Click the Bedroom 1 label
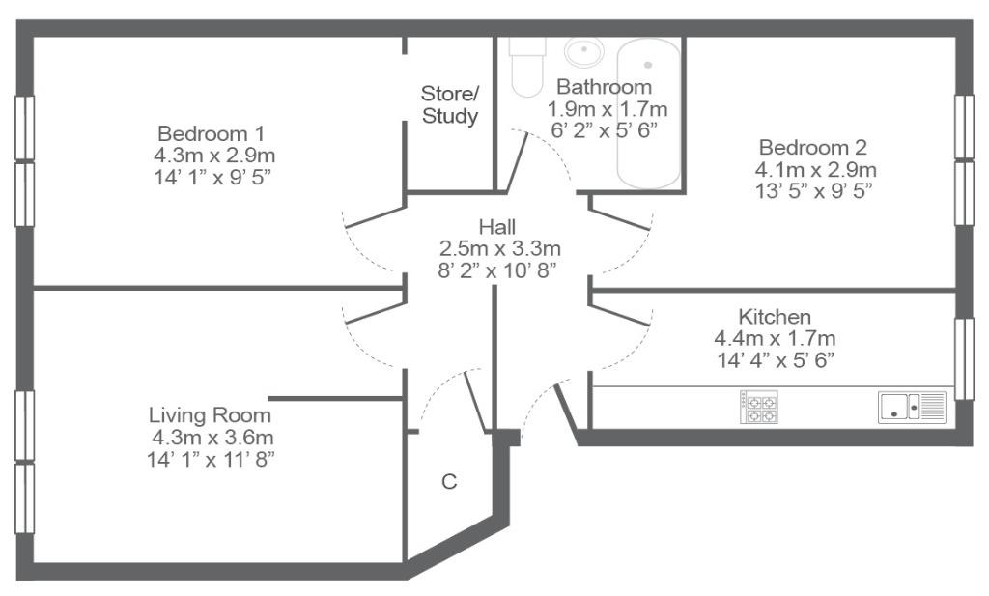[x=211, y=133]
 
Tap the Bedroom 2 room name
[x=813, y=148]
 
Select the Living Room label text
[x=210, y=415]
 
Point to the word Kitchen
[x=775, y=316]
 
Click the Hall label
[x=497, y=226]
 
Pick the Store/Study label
[x=450, y=104]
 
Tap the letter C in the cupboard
[x=449, y=482]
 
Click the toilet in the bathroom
[x=527, y=67]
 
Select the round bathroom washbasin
[x=584, y=51]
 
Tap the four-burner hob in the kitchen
[x=759, y=408]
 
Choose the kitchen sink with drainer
[x=912, y=407]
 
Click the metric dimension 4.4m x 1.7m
[x=775, y=339]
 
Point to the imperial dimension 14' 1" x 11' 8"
[x=211, y=459]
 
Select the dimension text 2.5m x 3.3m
[x=499, y=248]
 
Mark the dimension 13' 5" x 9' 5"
[x=813, y=190]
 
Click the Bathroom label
[x=605, y=86]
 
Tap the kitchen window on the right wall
[x=965, y=359]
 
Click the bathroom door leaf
[x=517, y=162]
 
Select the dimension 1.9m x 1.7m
[x=608, y=109]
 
